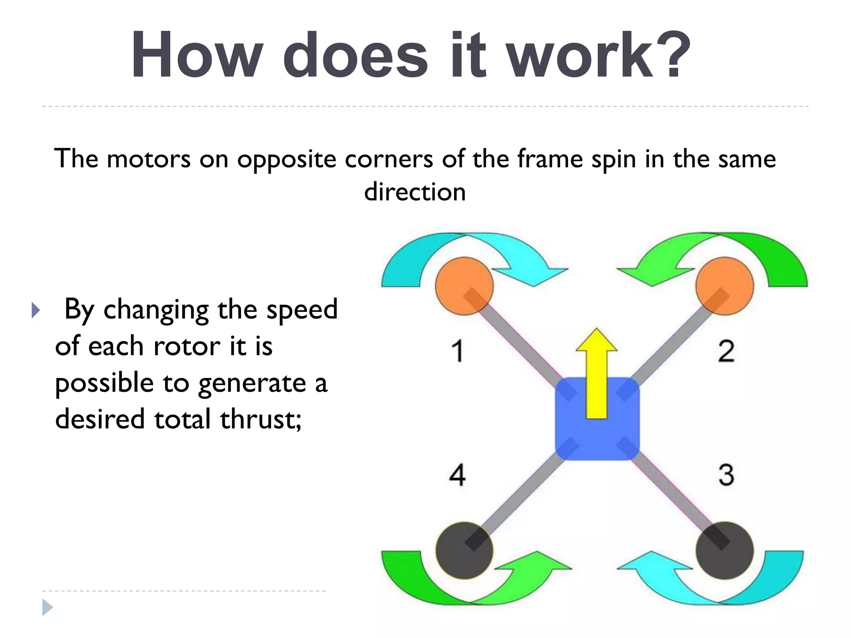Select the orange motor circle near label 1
tap(464, 286)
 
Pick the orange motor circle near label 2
tap(725, 286)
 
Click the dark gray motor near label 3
tap(725, 550)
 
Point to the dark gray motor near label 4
tap(464, 550)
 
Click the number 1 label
tap(457, 351)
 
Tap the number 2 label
tap(726, 351)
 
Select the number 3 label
tap(726, 474)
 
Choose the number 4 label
tap(457, 474)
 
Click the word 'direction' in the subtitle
tap(415, 192)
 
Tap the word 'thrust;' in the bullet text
tap(261, 419)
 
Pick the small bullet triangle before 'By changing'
tap(36, 310)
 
